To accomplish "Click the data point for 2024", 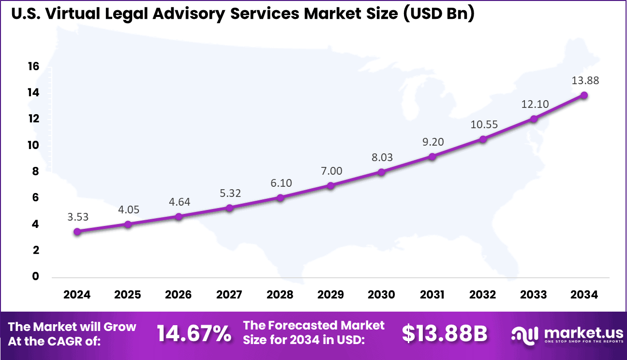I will (77, 231).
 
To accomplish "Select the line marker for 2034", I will (584, 95).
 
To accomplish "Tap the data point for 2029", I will (330, 185).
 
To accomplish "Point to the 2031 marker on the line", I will (432, 156).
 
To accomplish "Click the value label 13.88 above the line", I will (585, 81).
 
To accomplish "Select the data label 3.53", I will (77, 217).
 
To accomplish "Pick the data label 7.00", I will (331, 171).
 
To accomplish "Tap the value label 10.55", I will (483, 124).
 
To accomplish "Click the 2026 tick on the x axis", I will (179, 295).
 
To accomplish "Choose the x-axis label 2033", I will (534, 295).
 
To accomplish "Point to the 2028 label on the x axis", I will (280, 295).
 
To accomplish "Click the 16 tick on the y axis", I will (33, 66).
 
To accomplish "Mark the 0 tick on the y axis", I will (35, 277).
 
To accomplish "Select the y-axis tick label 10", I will (33, 145).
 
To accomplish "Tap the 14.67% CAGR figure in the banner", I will (194, 334).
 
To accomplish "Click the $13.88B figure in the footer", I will (445, 334).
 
